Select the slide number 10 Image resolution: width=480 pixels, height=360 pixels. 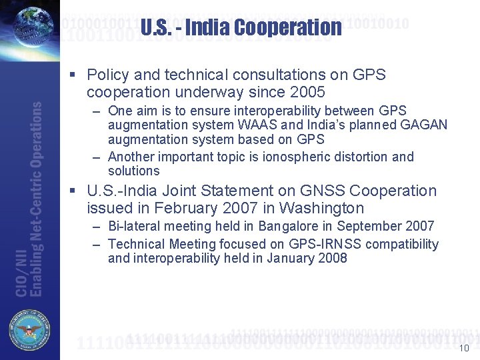coord(465,348)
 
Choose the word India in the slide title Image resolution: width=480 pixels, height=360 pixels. coord(207,27)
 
